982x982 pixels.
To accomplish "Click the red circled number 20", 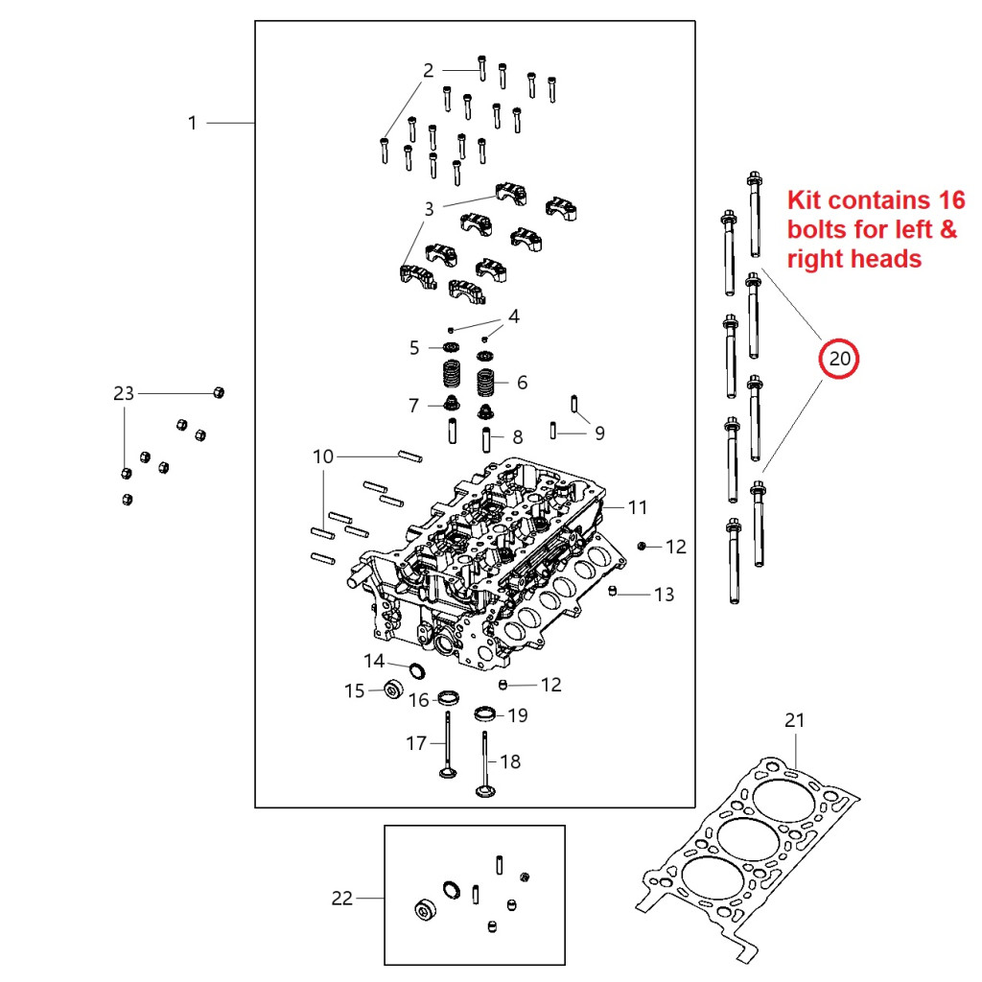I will [x=839, y=360].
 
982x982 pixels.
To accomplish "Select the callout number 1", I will [x=192, y=123].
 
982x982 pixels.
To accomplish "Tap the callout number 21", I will [x=795, y=720].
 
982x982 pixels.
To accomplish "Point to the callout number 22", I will [x=341, y=899].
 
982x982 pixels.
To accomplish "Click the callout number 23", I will [x=124, y=393].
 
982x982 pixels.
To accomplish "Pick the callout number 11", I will [x=639, y=506].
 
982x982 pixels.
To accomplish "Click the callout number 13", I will [x=664, y=595].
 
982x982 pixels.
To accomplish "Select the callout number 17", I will [x=415, y=742].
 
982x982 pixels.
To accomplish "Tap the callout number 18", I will [x=510, y=761].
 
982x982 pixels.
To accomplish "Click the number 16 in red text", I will [x=949, y=201].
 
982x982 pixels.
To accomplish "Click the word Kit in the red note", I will [x=806, y=201].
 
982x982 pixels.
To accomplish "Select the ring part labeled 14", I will [x=418, y=668].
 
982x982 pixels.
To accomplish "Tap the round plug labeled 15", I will [x=391, y=690].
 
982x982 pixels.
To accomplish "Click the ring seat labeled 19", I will [x=486, y=714].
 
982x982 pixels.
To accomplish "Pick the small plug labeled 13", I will [x=613, y=591].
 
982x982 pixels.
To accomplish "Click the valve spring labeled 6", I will [x=491, y=384].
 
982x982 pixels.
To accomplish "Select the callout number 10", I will [x=323, y=456].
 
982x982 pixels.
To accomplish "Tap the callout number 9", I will [x=599, y=433].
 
